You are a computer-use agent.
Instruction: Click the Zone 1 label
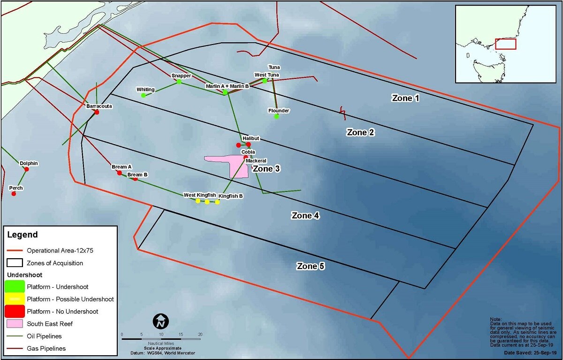coord(405,98)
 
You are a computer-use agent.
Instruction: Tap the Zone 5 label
coord(311,266)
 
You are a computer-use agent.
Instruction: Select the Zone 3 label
coord(266,169)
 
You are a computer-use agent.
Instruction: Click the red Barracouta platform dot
coord(97,112)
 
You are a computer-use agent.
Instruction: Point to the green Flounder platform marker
coord(276,116)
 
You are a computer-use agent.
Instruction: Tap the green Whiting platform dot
coord(144,95)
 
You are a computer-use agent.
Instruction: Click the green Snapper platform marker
coord(179,82)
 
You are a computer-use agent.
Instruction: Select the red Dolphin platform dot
coord(27,169)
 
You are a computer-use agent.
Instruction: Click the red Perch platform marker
coord(14,194)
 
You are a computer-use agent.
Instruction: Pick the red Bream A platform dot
coord(119,173)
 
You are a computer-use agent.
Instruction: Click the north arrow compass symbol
coord(161,322)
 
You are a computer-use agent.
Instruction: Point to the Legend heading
coord(22,235)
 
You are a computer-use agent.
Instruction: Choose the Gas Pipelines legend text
coord(46,348)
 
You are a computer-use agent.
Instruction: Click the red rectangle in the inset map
coord(506,44)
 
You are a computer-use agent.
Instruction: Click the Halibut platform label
coord(251,138)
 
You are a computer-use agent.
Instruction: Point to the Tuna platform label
coord(274,67)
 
